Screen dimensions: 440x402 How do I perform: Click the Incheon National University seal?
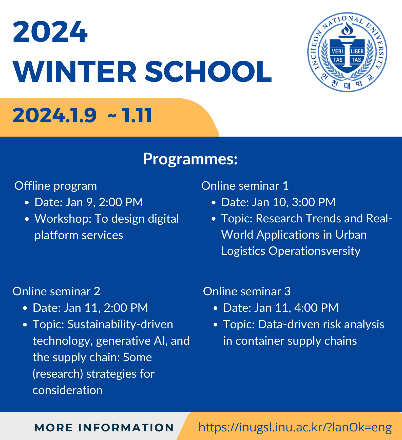click(347, 52)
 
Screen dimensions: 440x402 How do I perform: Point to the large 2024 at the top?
click(50, 32)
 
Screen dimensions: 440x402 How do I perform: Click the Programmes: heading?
click(190, 159)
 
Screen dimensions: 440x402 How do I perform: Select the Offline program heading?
click(56, 186)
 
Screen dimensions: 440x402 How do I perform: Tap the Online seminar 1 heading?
click(245, 186)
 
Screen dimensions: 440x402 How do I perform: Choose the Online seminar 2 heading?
click(56, 291)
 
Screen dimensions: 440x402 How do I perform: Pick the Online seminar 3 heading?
click(247, 291)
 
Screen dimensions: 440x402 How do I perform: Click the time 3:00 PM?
click(314, 202)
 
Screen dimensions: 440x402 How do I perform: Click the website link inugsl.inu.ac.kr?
click(295, 427)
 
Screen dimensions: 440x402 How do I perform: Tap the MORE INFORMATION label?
click(104, 428)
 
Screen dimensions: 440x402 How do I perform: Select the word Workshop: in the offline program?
click(63, 219)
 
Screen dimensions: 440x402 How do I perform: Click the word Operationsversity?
click(314, 251)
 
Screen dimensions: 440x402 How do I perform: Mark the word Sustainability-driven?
click(120, 324)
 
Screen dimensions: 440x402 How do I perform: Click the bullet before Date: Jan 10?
click(214, 203)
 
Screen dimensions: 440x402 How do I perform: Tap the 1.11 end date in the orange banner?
click(137, 116)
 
